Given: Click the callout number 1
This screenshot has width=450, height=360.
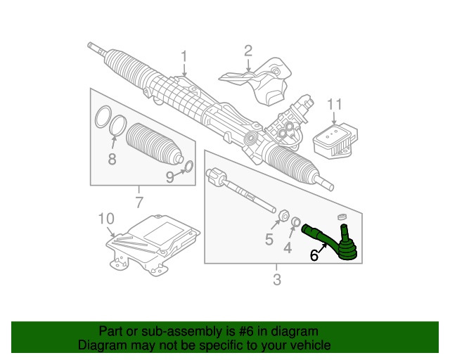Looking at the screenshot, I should pyautogui.click(x=184, y=56).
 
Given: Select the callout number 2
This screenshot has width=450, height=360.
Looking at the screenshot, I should pyautogui.click(x=247, y=50).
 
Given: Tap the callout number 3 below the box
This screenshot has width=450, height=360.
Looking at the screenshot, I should pyautogui.click(x=276, y=281).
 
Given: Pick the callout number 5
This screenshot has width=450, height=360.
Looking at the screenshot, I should pyautogui.click(x=269, y=240).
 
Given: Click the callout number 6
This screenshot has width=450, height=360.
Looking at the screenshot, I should pyautogui.click(x=314, y=257).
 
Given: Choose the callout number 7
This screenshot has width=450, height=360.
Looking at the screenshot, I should pyautogui.click(x=139, y=204).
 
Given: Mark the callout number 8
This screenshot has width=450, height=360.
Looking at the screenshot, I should pyautogui.click(x=112, y=160).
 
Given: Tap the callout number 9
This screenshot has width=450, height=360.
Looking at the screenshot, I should pyautogui.click(x=169, y=178).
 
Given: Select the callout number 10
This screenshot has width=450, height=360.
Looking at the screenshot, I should pyautogui.click(x=105, y=220).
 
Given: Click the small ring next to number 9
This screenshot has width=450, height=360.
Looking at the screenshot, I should pyautogui.click(x=188, y=167).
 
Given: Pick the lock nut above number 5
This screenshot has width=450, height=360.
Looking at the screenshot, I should pyautogui.click(x=284, y=216).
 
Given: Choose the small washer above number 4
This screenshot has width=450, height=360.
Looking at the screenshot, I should pyautogui.click(x=296, y=222).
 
